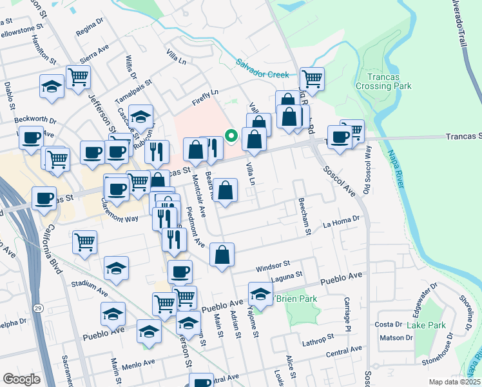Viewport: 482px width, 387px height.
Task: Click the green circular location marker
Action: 230,135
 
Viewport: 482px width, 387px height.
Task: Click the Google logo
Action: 21,379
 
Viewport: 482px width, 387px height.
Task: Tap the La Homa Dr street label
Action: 341,223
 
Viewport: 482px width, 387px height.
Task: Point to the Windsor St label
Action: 273,264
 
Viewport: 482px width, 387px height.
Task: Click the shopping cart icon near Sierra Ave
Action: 78,77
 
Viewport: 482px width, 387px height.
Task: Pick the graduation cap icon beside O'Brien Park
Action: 260,293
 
